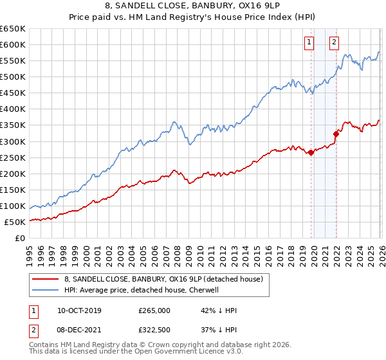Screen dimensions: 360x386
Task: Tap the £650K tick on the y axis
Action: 13,29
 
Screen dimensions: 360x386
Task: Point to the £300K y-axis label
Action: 13,141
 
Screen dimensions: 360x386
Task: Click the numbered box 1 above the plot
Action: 309,43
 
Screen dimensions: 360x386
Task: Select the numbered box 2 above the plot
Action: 335,43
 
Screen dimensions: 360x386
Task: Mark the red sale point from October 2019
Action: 311,152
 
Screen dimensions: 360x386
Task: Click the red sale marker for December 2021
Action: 336,134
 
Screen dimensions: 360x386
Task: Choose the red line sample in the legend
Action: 45,280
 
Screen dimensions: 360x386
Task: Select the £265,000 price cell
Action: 155,310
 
